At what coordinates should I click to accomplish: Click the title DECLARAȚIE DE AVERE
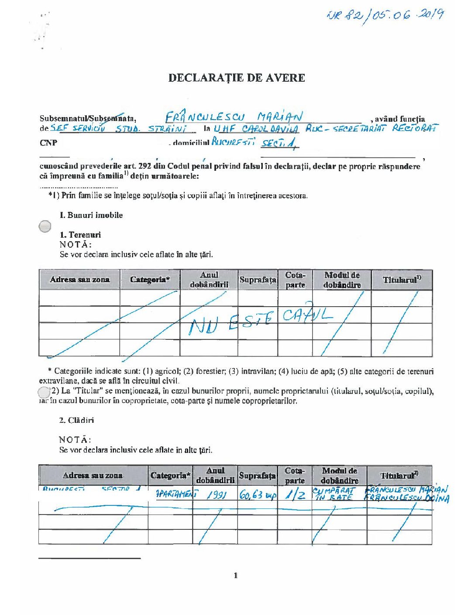pyautogui.click(x=237, y=78)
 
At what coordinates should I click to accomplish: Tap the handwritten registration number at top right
pyautogui.click(x=386, y=16)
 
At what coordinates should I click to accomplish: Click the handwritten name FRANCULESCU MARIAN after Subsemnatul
pyautogui.click(x=234, y=117)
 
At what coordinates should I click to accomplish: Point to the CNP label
pyautogui.click(x=48, y=143)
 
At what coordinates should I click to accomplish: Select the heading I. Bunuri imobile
pyautogui.click(x=91, y=215)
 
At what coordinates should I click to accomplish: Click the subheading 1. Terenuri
pyautogui.click(x=80, y=235)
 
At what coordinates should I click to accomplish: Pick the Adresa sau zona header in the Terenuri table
pyautogui.click(x=79, y=280)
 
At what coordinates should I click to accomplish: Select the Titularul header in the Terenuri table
pyautogui.click(x=402, y=280)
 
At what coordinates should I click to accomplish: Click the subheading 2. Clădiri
pyautogui.click(x=76, y=420)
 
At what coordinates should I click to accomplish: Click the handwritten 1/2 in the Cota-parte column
pyautogui.click(x=295, y=494)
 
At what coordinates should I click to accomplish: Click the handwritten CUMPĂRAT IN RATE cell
pyautogui.click(x=334, y=494)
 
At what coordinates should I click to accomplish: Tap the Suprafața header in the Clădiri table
pyautogui.click(x=258, y=475)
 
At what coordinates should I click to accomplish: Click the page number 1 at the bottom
pyautogui.click(x=236, y=575)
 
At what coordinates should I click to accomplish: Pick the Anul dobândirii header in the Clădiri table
pyautogui.click(x=215, y=475)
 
